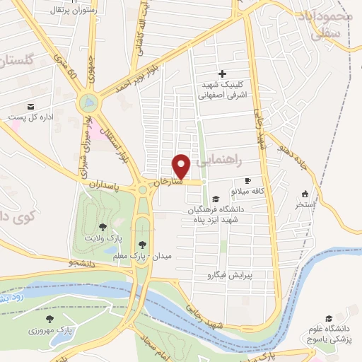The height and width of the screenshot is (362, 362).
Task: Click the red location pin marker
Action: [x=182, y=165]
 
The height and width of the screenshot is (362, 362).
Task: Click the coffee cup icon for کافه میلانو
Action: [x=247, y=180]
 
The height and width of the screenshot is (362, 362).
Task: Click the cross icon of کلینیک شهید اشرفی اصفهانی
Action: [x=222, y=74]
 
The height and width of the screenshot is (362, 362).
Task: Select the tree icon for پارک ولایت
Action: [x=103, y=227]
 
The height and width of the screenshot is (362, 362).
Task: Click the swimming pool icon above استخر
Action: [x=305, y=194]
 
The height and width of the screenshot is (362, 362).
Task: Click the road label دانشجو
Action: [x=82, y=263]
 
